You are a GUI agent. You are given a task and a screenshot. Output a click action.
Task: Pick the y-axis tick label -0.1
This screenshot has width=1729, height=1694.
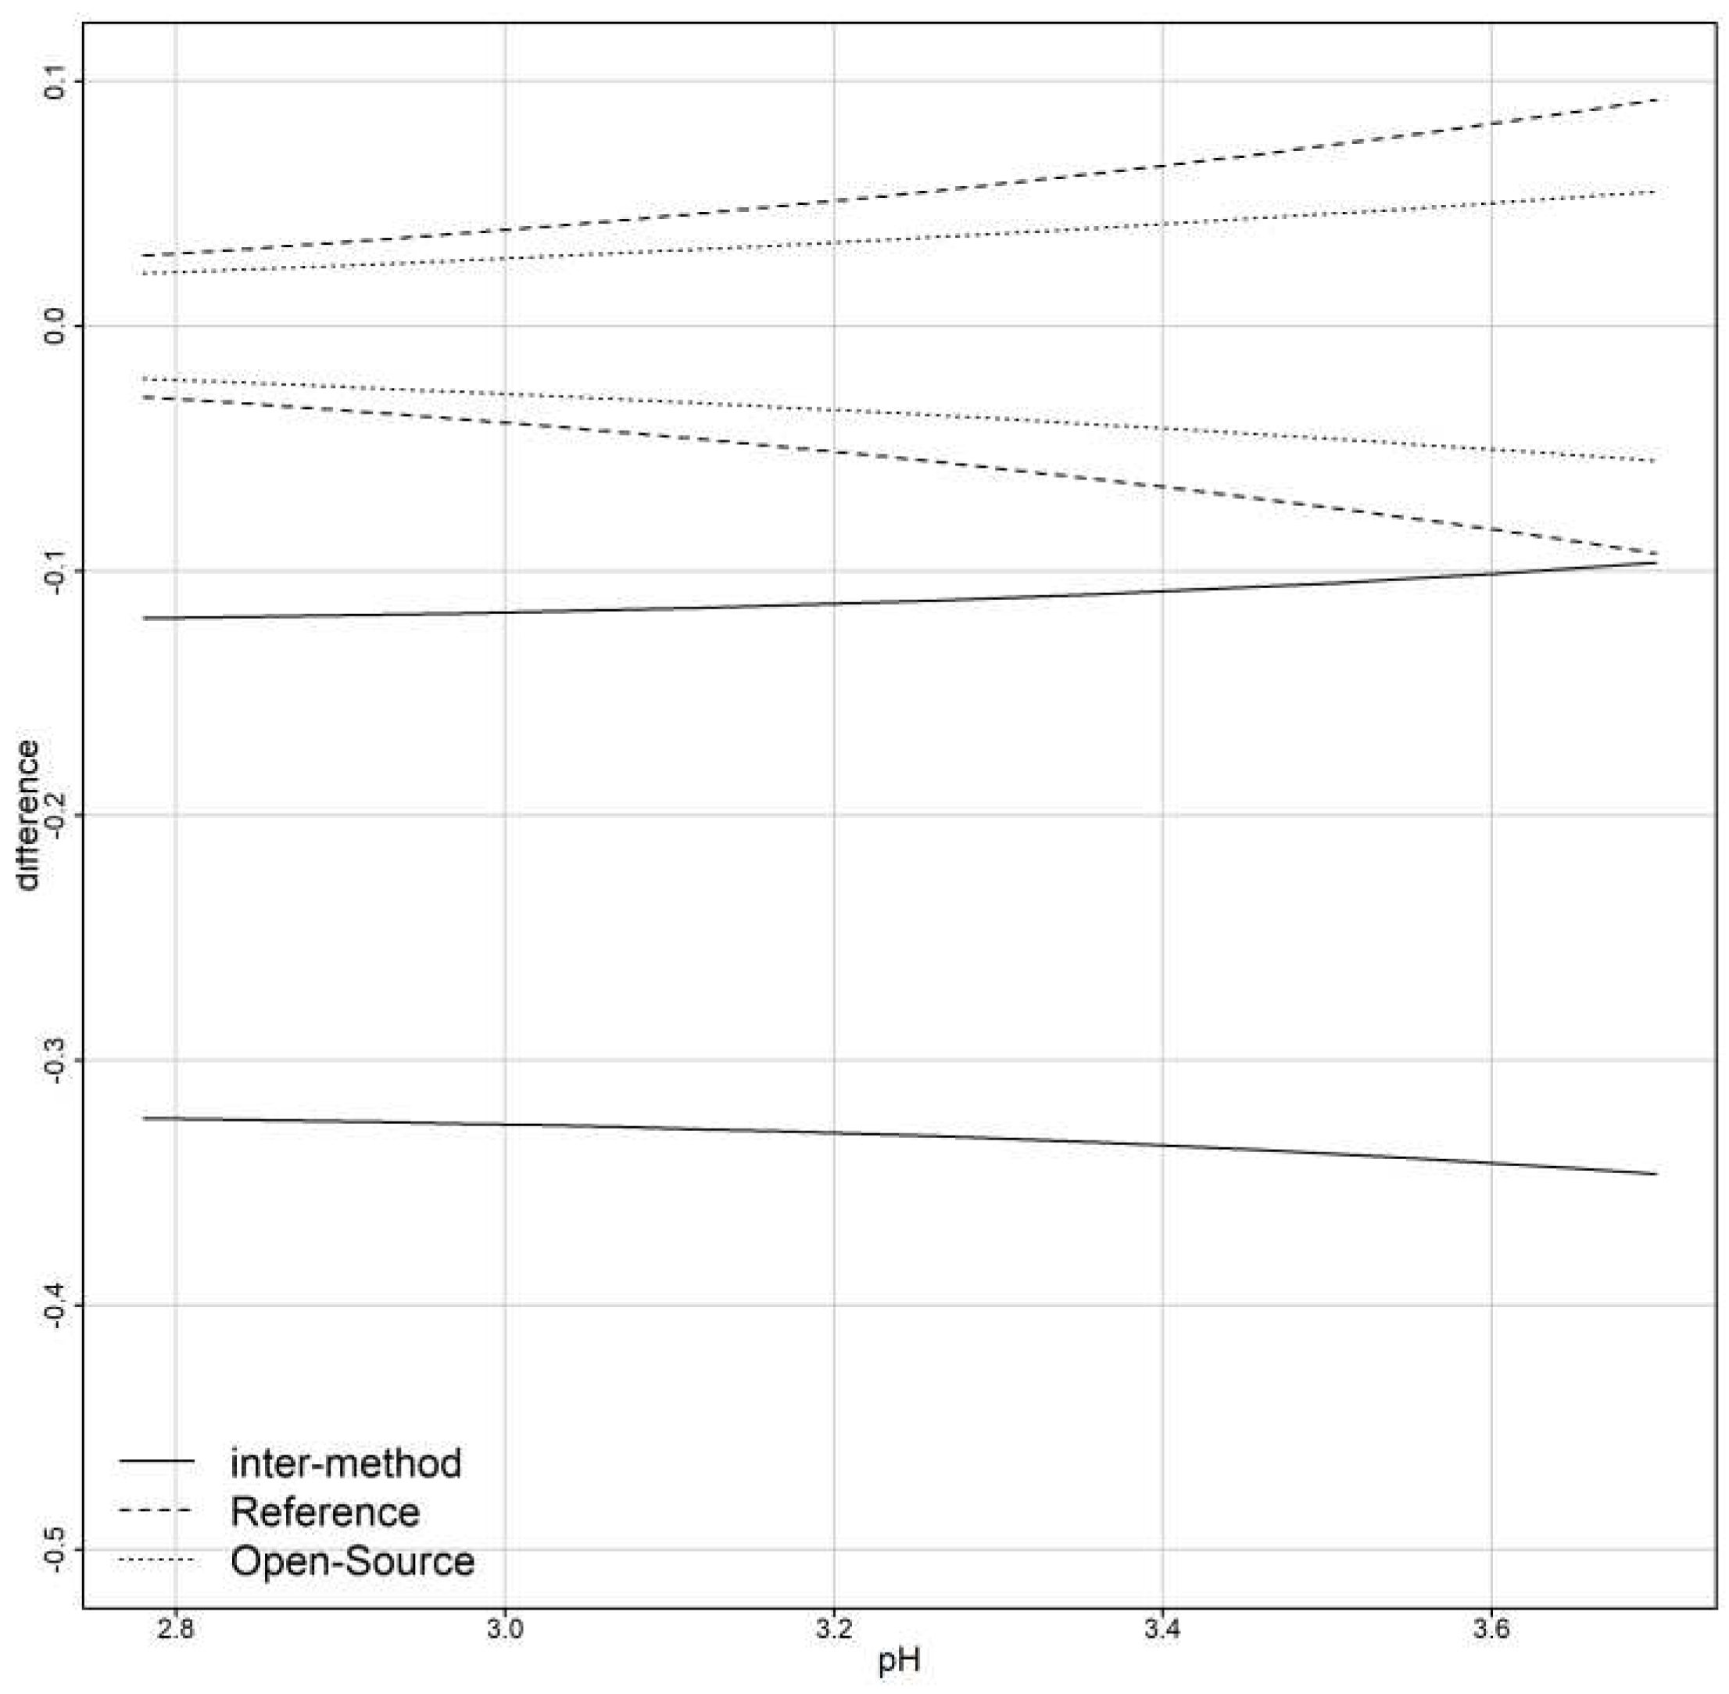(55, 570)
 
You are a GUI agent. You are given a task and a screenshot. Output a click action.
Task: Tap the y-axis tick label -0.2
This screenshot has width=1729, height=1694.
(55, 815)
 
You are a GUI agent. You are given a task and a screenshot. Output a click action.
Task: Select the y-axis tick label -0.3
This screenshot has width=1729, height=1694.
(55, 1060)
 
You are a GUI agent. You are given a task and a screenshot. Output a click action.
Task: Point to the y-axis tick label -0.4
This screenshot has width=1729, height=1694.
(55, 1305)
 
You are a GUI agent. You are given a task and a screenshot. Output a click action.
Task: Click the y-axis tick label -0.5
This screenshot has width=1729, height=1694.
(55, 1549)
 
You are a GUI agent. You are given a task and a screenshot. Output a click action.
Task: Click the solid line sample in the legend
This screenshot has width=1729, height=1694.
(156, 1462)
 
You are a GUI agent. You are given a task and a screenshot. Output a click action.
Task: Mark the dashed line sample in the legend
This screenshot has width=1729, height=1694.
(156, 1511)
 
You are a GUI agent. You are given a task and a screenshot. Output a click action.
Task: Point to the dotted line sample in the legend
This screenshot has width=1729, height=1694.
(156, 1559)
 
